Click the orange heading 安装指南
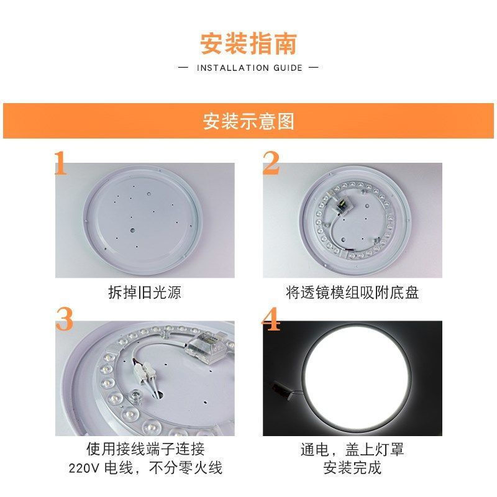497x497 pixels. click(248, 44)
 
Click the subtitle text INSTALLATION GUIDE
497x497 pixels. click(250, 68)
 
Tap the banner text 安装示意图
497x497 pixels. click(248, 121)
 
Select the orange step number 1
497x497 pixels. click(61, 163)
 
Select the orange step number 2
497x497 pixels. click(271, 163)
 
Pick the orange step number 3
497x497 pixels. click(64, 319)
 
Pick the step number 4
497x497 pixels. click(271, 319)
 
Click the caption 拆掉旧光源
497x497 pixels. click(145, 293)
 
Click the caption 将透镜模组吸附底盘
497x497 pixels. click(352, 293)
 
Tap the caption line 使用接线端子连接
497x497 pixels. click(145, 449)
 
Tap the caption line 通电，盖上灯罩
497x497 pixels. click(352, 449)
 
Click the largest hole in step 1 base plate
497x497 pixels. click(133, 230)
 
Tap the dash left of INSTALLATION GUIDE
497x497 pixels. click(183, 68)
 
